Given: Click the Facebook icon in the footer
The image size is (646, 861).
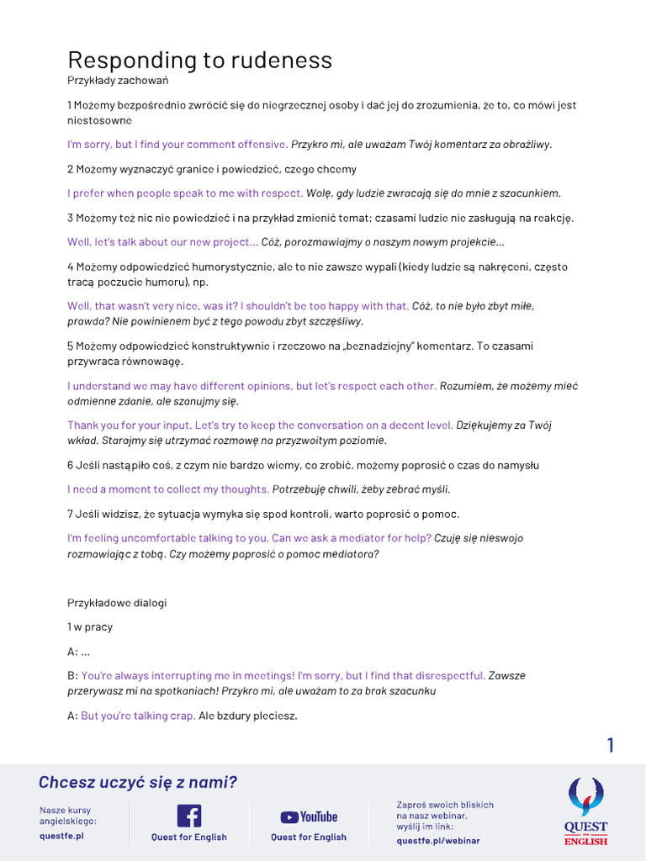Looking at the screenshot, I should (x=188, y=816).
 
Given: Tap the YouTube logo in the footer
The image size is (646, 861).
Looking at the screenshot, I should (x=309, y=816).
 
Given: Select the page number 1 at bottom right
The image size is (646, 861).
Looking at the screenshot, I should (x=611, y=745).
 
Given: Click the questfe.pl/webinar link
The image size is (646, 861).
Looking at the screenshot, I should (x=437, y=840).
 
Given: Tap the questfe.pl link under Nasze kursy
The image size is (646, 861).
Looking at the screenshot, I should (x=61, y=836).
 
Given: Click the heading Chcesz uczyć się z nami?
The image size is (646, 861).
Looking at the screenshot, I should (x=138, y=783).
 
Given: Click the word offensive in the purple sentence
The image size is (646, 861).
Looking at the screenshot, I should (x=262, y=144).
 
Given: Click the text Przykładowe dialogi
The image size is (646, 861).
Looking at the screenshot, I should (x=117, y=603).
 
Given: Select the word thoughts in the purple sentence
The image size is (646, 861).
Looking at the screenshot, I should (x=245, y=489).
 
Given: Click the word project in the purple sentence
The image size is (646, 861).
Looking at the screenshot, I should (x=231, y=242).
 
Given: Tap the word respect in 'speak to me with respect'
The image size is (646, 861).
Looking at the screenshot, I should (x=281, y=193).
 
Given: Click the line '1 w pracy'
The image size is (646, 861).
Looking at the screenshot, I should (x=90, y=626).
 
